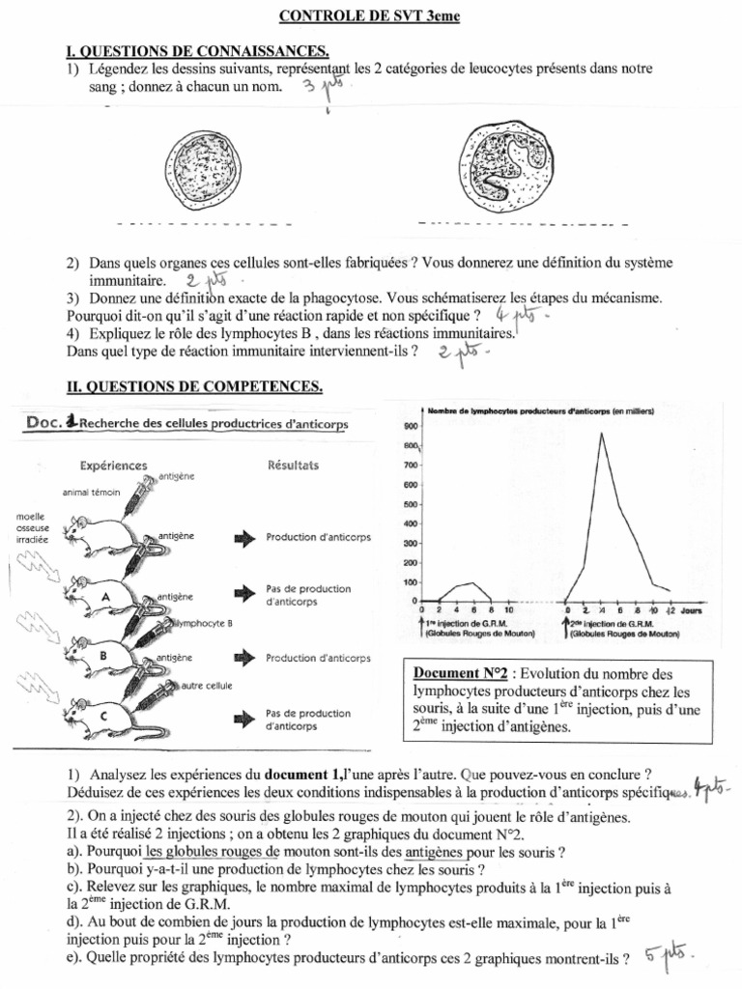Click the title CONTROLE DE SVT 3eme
pos(371,16)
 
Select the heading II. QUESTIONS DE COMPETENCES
pos(194,386)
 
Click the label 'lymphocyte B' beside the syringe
pos(203,624)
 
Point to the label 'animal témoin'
pos(91,492)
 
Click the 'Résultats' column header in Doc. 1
pos(293,466)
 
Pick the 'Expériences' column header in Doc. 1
pos(115,466)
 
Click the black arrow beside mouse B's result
pos(243,658)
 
